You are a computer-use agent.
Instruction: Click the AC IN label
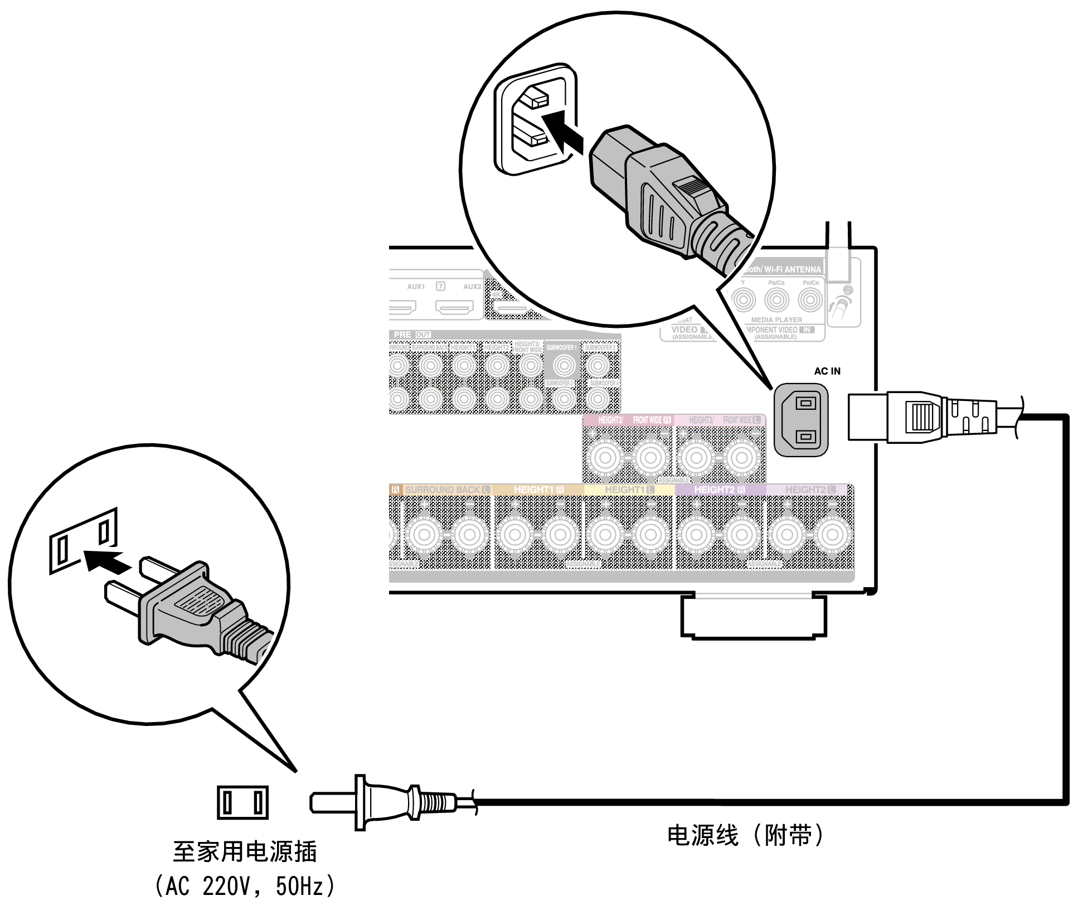pos(827,371)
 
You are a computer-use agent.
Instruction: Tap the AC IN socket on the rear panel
pos(800,419)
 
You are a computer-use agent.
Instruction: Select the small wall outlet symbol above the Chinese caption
pos(242,802)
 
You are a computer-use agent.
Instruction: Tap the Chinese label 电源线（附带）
pos(746,835)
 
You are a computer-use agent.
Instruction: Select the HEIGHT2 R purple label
pos(719,490)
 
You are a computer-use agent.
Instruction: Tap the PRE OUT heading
pos(411,335)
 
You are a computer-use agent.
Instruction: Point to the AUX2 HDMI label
pos(472,287)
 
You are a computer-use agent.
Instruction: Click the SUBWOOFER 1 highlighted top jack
pos(564,366)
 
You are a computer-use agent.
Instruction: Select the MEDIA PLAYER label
pos(776,320)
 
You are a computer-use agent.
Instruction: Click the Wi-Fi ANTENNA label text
pos(791,269)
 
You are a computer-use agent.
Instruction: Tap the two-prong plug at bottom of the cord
pos(385,803)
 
